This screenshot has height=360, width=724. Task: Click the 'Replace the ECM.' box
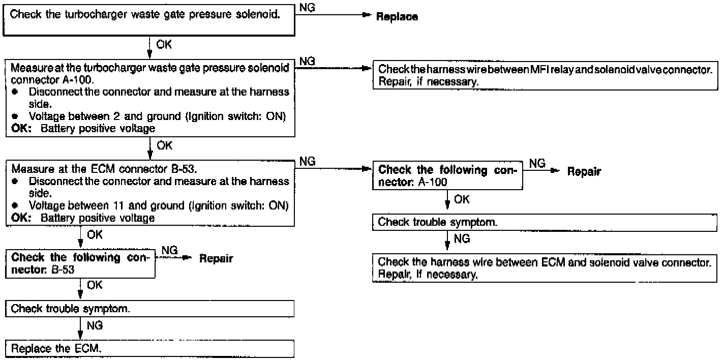click(150, 349)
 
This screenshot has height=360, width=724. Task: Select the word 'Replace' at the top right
click(397, 17)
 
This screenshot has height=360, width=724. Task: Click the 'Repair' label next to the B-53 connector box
click(216, 259)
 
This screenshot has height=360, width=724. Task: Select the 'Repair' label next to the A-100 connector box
click(583, 172)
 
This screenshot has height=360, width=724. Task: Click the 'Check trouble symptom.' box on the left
click(150, 309)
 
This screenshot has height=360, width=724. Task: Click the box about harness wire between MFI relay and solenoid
click(544, 75)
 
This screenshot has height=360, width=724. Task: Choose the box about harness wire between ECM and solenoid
click(544, 268)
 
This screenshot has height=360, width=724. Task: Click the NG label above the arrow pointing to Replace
click(308, 7)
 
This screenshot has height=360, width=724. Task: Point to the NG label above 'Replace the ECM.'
click(95, 326)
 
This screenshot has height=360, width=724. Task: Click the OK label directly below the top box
click(164, 45)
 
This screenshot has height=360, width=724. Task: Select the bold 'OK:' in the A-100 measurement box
click(22, 128)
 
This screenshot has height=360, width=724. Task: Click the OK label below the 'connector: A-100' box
click(461, 200)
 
